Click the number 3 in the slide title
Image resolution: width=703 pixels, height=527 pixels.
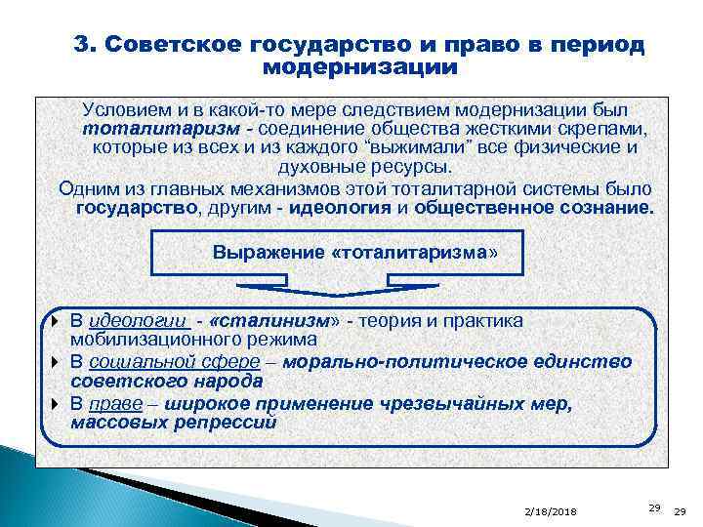pyautogui.click(x=82, y=45)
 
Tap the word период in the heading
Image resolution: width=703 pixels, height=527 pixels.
pyautogui.click(x=591, y=45)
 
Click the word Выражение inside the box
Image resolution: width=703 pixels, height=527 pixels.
pyautogui.click(x=269, y=253)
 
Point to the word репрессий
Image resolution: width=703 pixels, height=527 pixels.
pyautogui.click(x=228, y=423)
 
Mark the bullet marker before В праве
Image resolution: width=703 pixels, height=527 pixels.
pyautogui.click(x=57, y=404)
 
